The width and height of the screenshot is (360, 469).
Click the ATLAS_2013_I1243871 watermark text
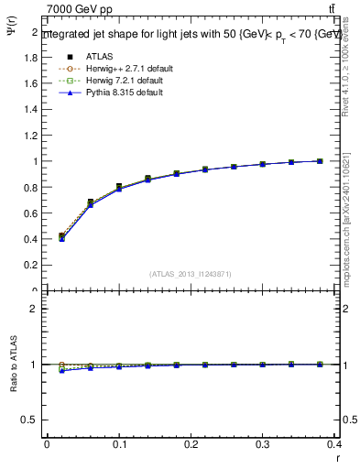(191, 274)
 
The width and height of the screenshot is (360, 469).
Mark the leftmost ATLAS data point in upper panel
(61, 236)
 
